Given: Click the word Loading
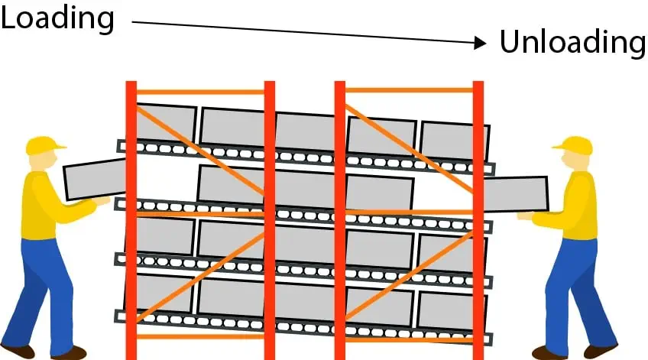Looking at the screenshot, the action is click(57, 19).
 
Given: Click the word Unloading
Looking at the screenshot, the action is click(573, 43).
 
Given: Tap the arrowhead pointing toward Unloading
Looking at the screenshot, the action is click(480, 43).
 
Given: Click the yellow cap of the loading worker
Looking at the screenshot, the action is click(44, 145).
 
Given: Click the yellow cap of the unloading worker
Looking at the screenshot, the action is click(574, 145).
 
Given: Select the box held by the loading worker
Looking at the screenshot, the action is click(95, 180).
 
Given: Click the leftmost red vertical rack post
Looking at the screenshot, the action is click(131, 220).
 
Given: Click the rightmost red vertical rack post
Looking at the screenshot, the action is click(478, 220).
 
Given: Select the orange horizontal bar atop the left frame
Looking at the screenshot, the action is click(200, 92).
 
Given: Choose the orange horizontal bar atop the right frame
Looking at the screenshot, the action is click(409, 90).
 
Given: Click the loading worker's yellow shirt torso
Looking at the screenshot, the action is click(39, 206).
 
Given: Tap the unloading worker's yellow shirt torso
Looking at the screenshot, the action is click(581, 206).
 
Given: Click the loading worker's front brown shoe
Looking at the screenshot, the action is click(69, 352).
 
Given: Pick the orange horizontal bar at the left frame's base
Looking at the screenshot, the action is click(200, 336).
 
